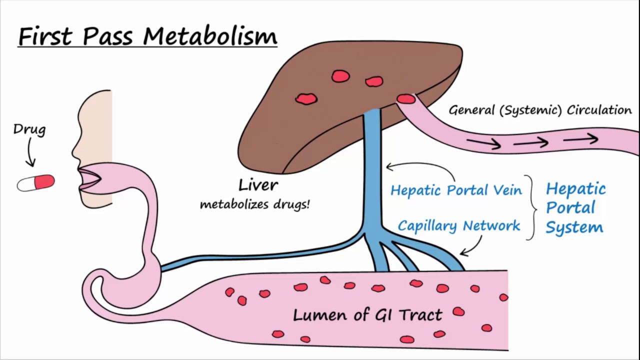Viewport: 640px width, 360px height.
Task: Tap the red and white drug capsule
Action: tap(36, 183)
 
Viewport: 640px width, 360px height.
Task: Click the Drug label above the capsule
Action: tap(29, 129)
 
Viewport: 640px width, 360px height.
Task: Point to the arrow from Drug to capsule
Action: tap(30, 153)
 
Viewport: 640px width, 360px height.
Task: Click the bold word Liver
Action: tap(258, 185)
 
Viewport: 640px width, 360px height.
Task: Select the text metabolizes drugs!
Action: tap(254, 204)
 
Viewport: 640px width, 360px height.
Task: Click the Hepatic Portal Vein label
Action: tap(456, 190)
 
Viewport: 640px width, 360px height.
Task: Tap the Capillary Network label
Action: tap(459, 225)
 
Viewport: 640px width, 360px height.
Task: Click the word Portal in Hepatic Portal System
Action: tap(570, 207)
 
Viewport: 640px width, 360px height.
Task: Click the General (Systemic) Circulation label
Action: tap(540, 110)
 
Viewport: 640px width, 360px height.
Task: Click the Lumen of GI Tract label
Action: tap(367, 315)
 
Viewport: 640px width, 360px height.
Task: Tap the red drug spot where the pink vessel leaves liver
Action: tap(406, 99)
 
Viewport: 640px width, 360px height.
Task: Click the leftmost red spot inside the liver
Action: tap(306, 99)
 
